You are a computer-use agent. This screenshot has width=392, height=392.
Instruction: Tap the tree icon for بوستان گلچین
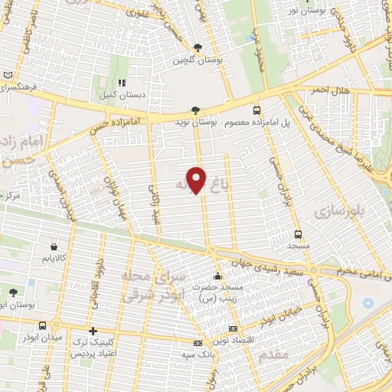[x=198, y=47]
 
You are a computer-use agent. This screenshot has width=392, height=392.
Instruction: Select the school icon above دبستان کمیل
[x=121, y=83]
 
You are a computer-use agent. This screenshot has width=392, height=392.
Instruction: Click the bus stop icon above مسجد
[x=298, y=235]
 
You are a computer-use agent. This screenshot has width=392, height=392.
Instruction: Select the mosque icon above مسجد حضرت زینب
[x=218, y=276]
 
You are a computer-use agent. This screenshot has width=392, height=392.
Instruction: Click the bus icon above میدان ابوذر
[x=54, y=325]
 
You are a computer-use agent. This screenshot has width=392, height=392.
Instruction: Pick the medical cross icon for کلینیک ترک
[x=93, y=332]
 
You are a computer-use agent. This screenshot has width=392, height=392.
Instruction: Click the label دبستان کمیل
[x=121, y=96]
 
